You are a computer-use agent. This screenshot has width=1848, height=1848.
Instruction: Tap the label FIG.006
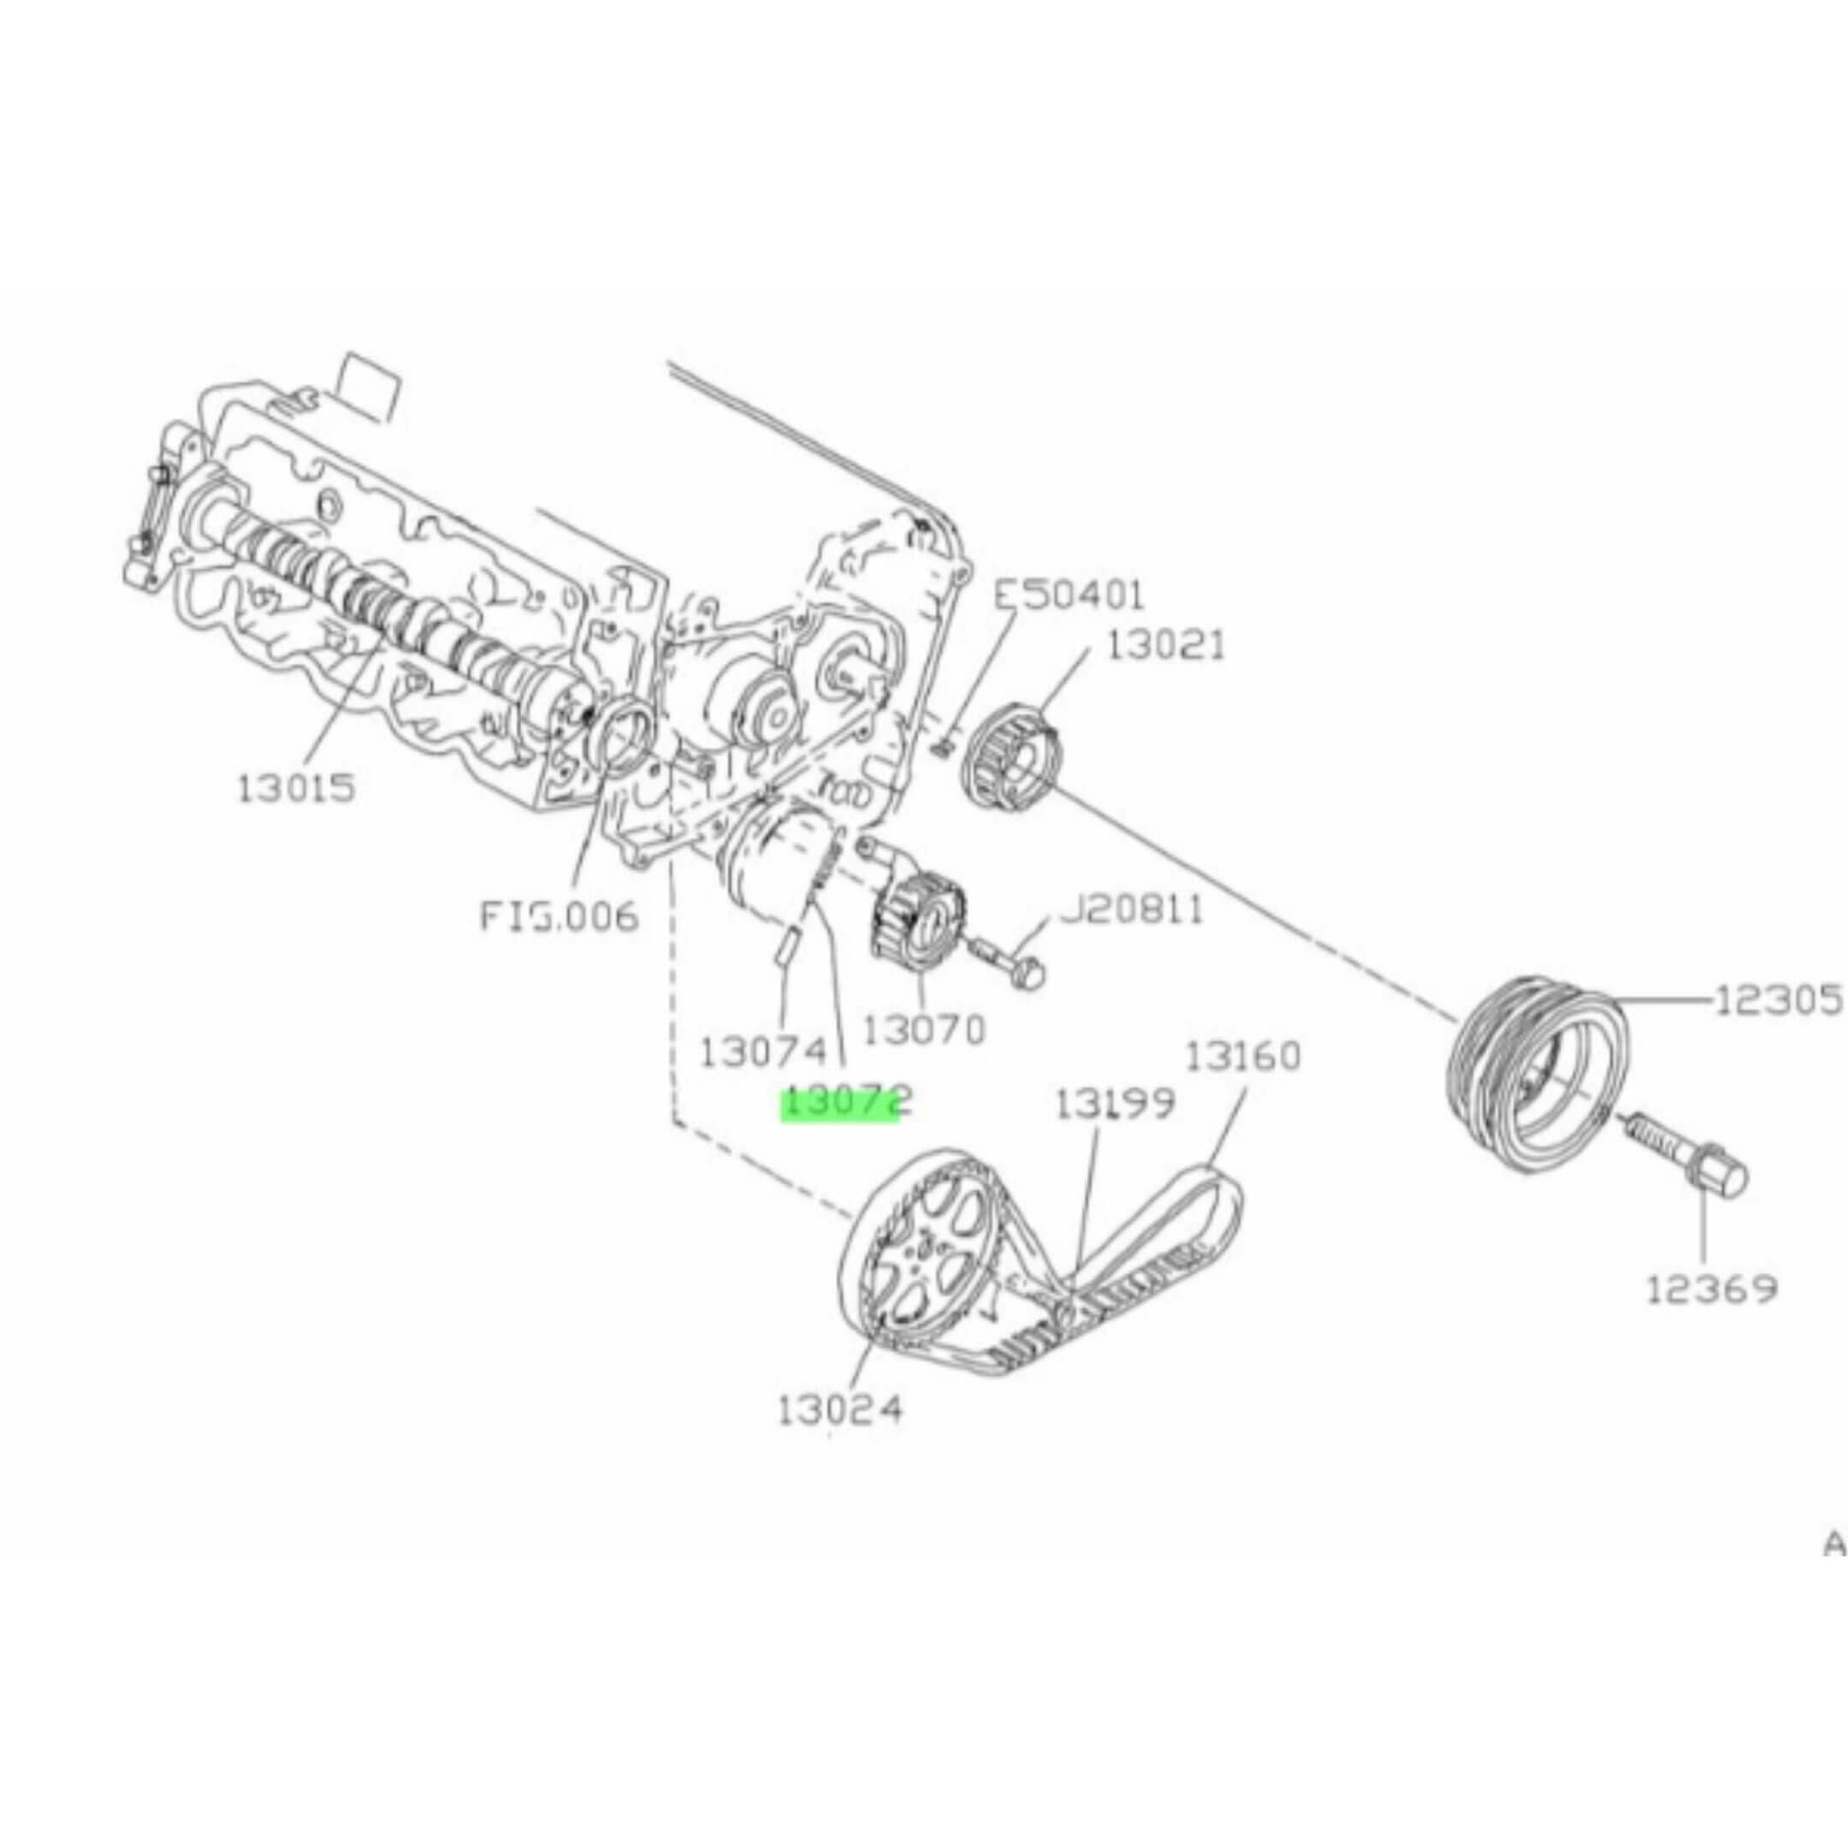(558, 916)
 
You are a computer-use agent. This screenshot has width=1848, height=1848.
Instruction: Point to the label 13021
(1166, 647)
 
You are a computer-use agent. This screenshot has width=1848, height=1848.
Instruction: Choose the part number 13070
(923, 1030)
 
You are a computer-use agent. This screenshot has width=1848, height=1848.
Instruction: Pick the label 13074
(762, 1052)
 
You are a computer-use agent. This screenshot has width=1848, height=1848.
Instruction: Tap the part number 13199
(1114, 1105)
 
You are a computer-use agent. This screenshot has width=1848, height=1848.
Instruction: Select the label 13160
(1243, 1057)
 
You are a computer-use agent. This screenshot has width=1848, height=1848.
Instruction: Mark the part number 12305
(1777, 1000)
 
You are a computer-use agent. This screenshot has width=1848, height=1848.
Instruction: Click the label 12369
(1710, 1289)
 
